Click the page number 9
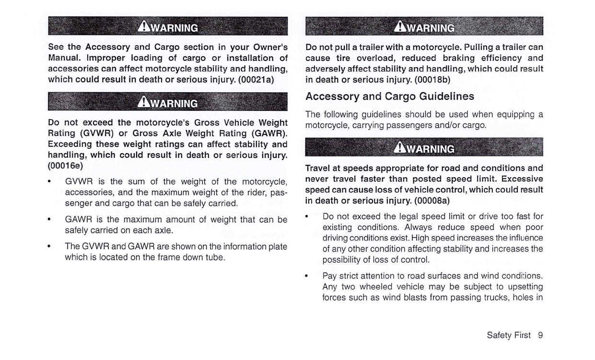[540, 336]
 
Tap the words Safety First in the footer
[508, 336]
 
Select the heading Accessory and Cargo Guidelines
[390, 96]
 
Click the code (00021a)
[256, 79]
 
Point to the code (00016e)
[65, 166]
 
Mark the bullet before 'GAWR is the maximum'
[50, 220]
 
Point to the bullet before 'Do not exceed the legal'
[307, 217]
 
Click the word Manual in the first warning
[65, 58]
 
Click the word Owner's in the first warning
[265, 48]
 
